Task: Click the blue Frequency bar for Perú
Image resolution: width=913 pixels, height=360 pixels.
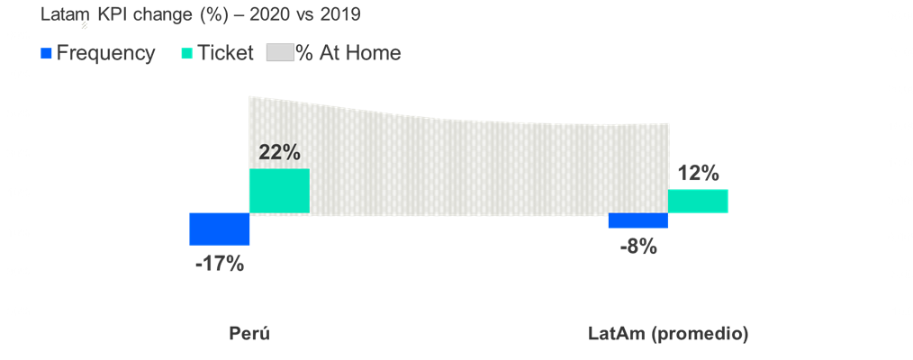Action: click(219, 229)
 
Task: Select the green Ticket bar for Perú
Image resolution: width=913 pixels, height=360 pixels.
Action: click(279, 191)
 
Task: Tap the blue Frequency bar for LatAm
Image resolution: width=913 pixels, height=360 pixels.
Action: click(637, 220)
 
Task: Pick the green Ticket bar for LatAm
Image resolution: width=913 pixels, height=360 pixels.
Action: click(698, 201)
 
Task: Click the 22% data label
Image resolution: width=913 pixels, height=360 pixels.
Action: click(279, 152)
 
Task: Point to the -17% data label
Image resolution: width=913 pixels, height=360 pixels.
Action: click(220, 264)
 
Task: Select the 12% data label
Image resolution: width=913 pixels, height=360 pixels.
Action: click(699, 173)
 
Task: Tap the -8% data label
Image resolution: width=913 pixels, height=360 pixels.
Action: click(637, 244)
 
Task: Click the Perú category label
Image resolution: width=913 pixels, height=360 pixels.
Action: click(249, 334)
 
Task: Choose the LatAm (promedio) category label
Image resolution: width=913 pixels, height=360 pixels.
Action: click(668, 334)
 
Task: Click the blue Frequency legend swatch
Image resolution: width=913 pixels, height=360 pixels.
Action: click(47, 54)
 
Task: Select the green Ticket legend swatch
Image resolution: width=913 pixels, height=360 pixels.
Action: click(186, 54)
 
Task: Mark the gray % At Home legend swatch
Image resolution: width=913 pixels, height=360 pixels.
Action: click(279, 54)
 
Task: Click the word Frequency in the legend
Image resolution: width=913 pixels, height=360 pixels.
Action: click(105, 53)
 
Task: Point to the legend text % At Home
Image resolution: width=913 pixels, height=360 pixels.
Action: click(348, 53)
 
